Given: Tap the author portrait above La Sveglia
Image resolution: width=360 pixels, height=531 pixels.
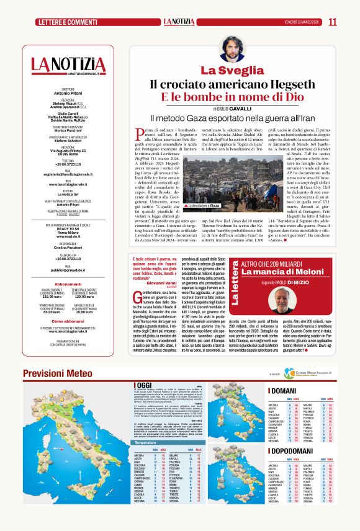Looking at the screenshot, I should (232, 49).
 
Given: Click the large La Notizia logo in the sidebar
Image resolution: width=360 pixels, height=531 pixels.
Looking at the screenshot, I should (69, 65).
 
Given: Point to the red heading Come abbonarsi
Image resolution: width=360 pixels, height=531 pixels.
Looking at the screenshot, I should (68, 321).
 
